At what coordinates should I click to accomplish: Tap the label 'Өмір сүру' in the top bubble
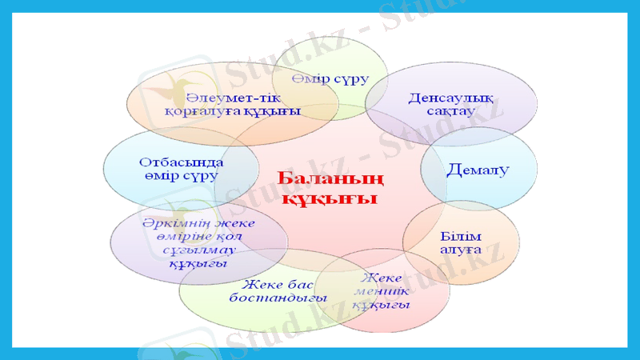click(330, 79)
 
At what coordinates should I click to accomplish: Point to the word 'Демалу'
click(478, 170)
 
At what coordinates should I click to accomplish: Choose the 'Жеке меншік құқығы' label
click(382, 291)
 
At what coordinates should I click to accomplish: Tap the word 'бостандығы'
click(278, 298)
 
